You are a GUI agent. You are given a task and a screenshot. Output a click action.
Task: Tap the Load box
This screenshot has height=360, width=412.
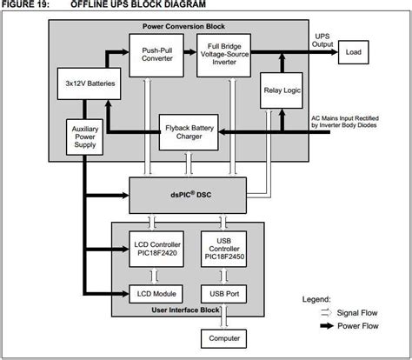(x=353, y=52)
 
